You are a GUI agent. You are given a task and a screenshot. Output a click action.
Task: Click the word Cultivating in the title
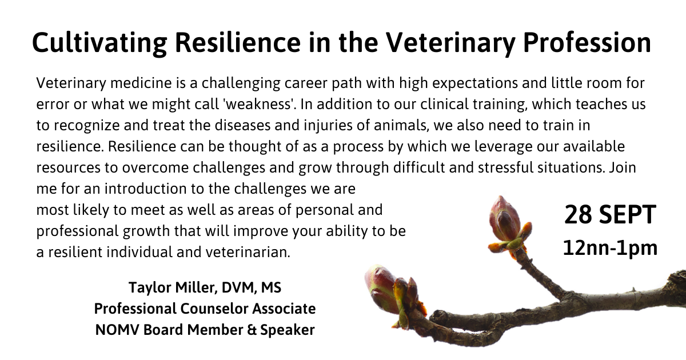click(x=100, y=43)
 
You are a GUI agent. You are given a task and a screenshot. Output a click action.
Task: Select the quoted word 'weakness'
click(x=260, y=104)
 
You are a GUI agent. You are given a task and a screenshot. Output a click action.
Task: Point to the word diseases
click(x=242, y=125)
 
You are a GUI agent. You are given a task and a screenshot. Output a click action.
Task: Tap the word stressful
click(x=505, y=167)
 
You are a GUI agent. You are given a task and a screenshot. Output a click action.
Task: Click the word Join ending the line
click(x=623, y=167)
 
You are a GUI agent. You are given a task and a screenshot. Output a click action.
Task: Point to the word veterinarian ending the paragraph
click(x=248, y=252)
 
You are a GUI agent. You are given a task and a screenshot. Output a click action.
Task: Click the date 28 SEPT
click(x=610, y=215)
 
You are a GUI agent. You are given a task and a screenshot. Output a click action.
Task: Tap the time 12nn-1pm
click(x=610, y=248)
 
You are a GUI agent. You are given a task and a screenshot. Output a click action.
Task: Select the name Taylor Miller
click(x=173, y=287)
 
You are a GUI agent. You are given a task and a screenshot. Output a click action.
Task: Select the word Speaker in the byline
click(x=287, y=330)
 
